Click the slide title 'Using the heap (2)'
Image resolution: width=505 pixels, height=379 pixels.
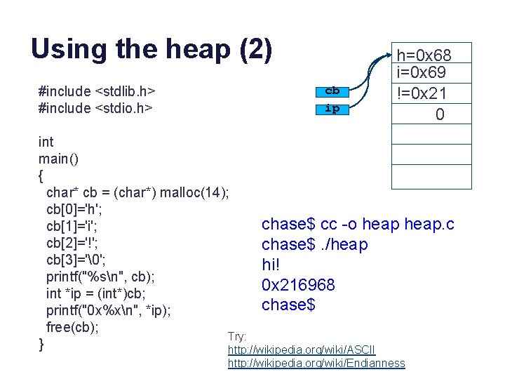pos(151,48)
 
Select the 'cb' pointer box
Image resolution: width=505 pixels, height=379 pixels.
pos(332,91)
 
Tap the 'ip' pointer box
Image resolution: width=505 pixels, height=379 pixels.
pos(332,109)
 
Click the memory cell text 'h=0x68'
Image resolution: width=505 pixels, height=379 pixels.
pos(424,55)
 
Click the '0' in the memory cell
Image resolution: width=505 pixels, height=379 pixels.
pos(439,114)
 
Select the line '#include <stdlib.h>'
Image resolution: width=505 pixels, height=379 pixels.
pos(97,91)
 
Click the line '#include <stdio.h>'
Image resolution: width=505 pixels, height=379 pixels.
pos(95,108)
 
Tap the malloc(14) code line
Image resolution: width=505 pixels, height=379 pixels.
pos(137,192)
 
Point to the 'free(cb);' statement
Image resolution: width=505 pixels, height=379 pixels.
pos(72,327)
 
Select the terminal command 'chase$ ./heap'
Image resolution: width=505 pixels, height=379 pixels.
pos(314,244)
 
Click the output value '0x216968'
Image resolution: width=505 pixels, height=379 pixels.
pos(298,285)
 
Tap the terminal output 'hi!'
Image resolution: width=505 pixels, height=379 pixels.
pos(271,265)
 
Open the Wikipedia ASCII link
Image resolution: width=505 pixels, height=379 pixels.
pos(302,350)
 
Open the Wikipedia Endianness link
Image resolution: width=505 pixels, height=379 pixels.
pos(316,363)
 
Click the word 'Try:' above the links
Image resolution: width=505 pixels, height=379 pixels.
pos(236,338)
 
